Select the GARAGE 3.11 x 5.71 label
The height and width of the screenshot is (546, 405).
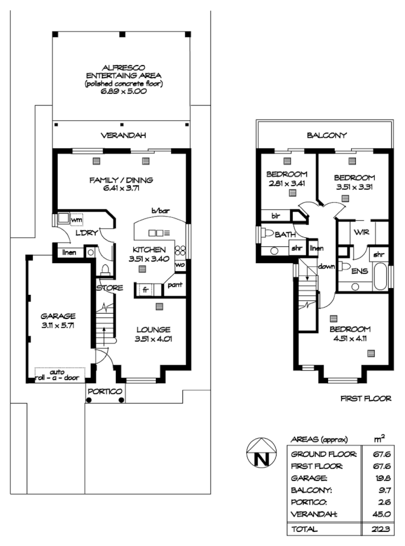(x=58, y=320)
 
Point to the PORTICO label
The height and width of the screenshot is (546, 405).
(x=105, y=391)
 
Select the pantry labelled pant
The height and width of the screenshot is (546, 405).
(x=175, y=284)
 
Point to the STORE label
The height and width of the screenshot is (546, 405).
(x=109, y=287)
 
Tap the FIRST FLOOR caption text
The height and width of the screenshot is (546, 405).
(x=366, y=399)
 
